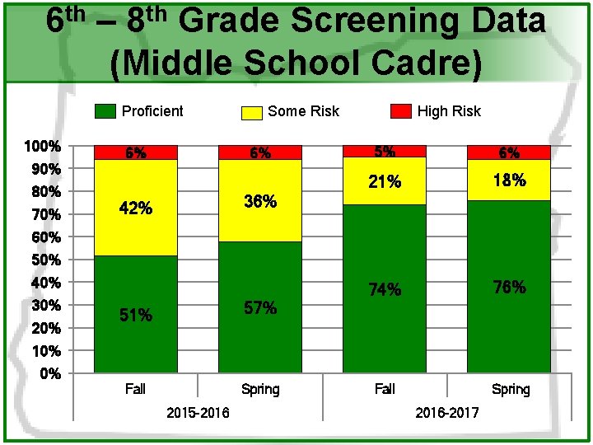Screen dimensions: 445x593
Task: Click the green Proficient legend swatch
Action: click(x=105, y=111)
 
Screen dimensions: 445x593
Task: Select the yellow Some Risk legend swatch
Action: click(x=252, y=112)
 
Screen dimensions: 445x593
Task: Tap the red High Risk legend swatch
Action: click(x=400, y=111)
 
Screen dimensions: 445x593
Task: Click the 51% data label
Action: click(x=136, y=315)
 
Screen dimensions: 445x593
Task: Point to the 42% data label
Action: click(x=136, y=208)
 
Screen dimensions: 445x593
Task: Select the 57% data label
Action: click(x=260, y=308)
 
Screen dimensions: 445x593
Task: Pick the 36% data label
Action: click(x=260, y=201)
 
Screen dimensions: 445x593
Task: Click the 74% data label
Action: click(x=385, y=289)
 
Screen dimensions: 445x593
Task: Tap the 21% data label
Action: click(x=385, y=182)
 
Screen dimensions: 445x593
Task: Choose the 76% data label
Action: click(x=509, y=287)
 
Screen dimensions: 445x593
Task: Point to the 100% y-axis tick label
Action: click(x=43, y=147)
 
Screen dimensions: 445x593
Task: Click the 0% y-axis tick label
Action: click(x=50, y=374)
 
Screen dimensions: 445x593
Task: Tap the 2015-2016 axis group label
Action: click(x=198, y=412)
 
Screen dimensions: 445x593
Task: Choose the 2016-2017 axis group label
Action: click(x=447, y=412)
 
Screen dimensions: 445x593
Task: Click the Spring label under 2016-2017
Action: click(x=511, y=389)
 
